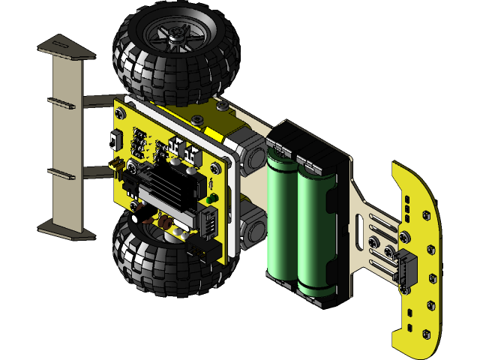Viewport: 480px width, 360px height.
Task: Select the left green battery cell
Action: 282,217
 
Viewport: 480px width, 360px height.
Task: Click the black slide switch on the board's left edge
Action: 115,139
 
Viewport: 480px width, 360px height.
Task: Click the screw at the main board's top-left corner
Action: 120,112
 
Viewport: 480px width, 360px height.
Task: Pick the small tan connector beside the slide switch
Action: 116,163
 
